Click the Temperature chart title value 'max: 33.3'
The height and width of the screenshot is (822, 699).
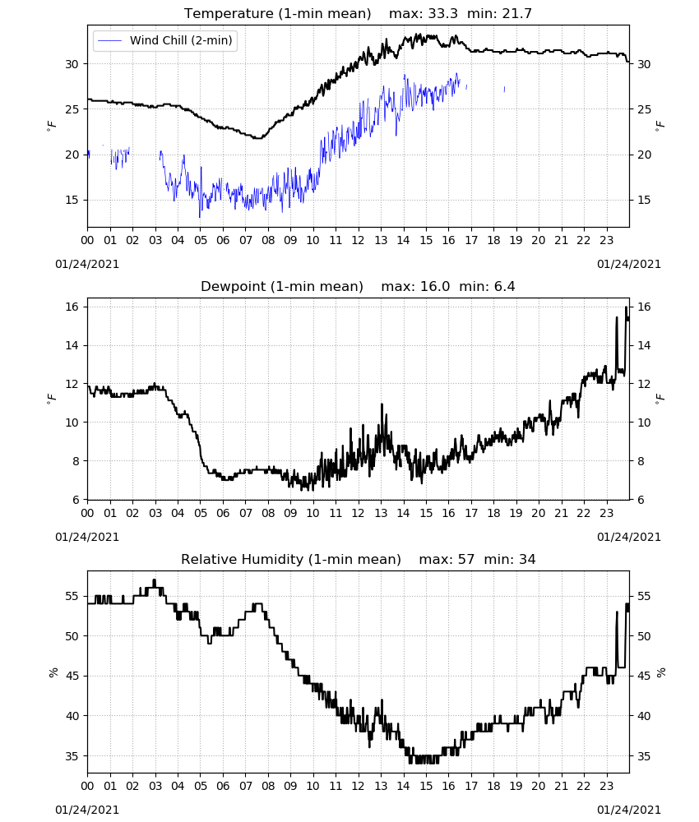coord(424,14)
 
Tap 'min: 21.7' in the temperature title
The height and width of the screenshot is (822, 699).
coord(499,14)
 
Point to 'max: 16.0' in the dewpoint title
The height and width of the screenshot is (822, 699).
coord(415,286)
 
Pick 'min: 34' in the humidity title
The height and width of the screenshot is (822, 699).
coord(510,559)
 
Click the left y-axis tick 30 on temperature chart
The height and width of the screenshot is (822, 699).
coord(72,64)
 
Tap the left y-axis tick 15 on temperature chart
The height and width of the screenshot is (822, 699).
coord(72,200)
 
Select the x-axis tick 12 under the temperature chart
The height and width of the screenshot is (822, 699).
coord(359,240)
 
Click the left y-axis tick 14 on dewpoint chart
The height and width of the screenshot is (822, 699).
coord(72,345)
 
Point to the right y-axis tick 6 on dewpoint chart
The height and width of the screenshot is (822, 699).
coord(641,500)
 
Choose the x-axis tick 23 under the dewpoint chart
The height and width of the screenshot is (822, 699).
coord(607,513)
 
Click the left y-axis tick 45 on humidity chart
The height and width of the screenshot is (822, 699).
coord(72,676)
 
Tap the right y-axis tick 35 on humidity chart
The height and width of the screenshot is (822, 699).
coord(645,756)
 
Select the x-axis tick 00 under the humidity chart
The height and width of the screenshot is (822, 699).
coord(87,786)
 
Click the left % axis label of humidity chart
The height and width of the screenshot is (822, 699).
coord(53,672)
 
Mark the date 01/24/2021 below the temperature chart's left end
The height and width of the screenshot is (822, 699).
coord(87,264)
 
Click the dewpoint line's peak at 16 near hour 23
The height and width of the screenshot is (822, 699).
coord(626,307)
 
